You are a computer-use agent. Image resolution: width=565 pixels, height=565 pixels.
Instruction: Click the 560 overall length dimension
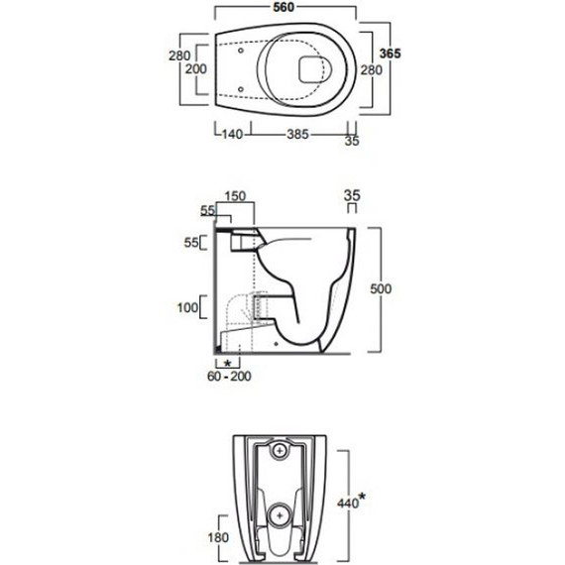pyautogui.click(x=283, y=7)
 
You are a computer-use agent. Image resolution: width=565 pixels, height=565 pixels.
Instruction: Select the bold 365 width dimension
pyautogui.click(x=390, y=54)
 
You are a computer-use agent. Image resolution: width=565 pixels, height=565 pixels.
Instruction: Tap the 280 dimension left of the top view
pyautogui.click(x=179, y=56)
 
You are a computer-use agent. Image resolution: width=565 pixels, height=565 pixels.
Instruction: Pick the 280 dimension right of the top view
pyautogui.click(x=372, y=70)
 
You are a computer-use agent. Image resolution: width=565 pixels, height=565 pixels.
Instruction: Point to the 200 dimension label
pyautogui.click(x=196, y=68)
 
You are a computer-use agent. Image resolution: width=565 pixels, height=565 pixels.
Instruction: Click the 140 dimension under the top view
pyautogui.click(x=232, y=135)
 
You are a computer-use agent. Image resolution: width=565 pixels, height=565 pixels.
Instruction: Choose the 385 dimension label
pyautogui.click(x=298, y=135)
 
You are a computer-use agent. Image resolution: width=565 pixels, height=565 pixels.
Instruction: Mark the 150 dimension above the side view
pyautogui.click(x=235, y=196)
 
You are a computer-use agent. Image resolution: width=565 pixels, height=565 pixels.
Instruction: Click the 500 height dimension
pyautogui.click(x=381, y=288)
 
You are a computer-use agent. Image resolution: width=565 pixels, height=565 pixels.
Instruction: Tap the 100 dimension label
pyautogui.click(x=187, y=307)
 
